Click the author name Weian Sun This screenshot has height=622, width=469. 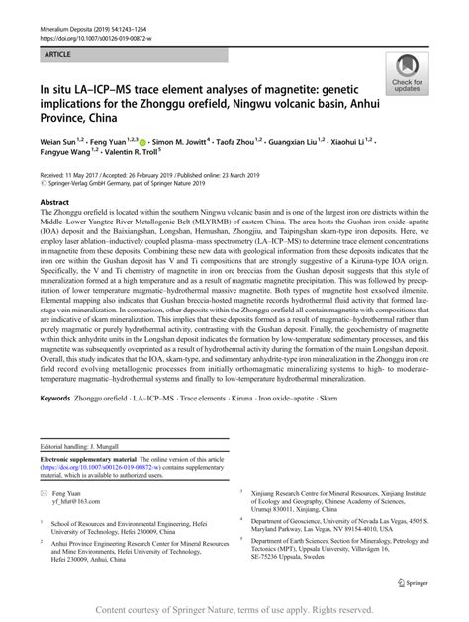pos(60,143)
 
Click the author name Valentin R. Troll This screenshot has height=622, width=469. pos(129,154)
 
